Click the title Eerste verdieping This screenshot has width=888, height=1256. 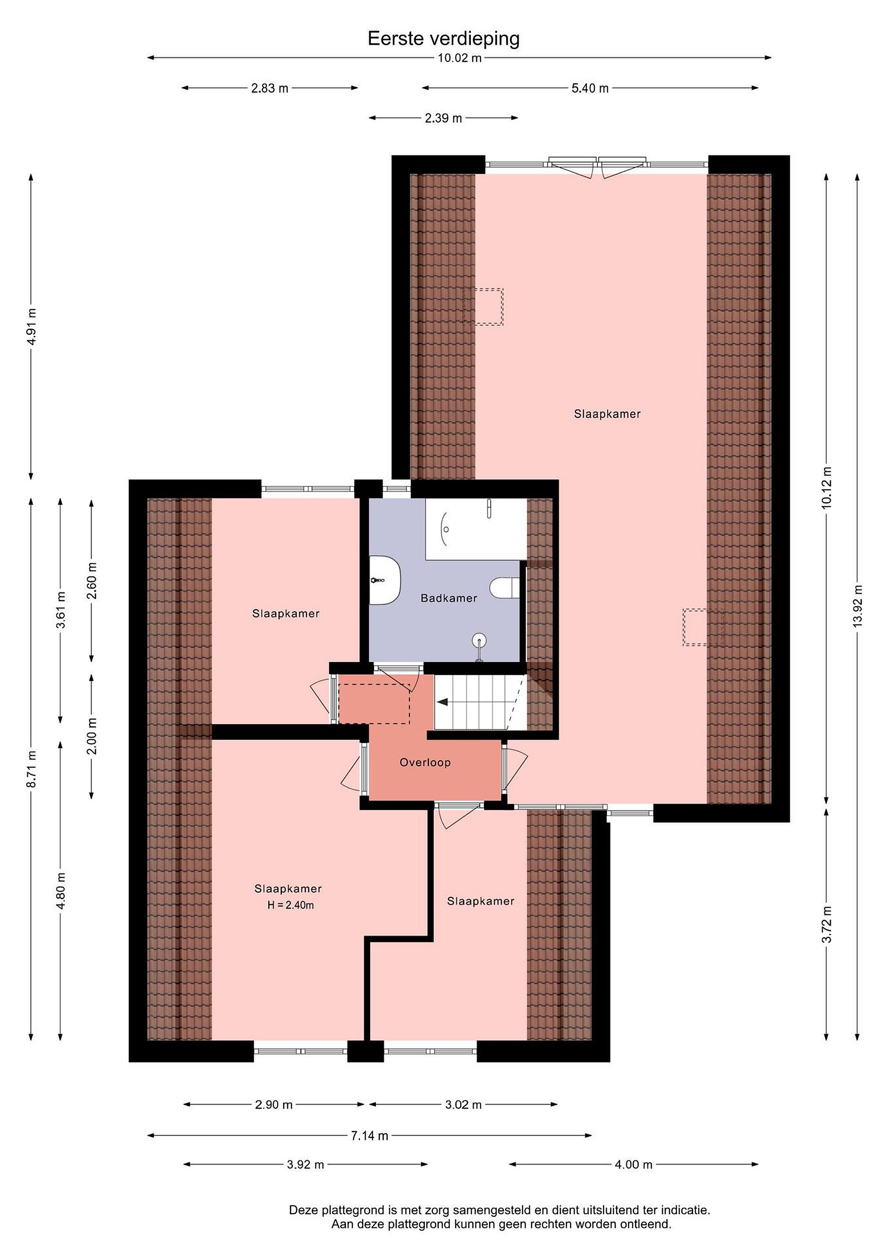click(x=443, y=39)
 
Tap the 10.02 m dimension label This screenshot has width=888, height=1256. click(x=460, y=58)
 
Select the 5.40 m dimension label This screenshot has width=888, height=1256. click(x=590, y=88)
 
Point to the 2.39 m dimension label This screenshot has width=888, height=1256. click(x=443, y=118)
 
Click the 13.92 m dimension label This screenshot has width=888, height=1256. click(x=857, y=606)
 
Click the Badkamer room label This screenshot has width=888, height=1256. click(x=449, y=598)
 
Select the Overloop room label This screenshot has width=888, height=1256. click(x=425, y=763)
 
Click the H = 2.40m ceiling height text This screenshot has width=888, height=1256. click(x=291, y=905)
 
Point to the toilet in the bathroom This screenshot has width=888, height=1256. click(x=504, y=588)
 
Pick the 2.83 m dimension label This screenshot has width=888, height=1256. click(x=269, y=88)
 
